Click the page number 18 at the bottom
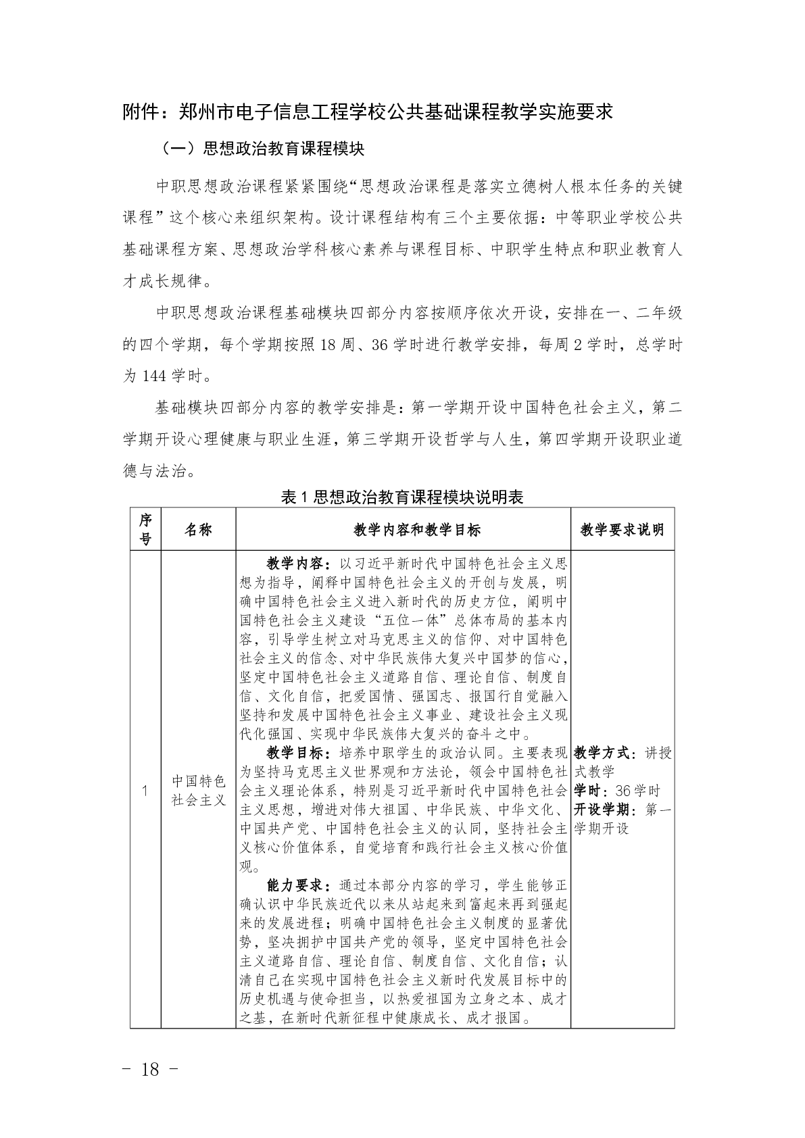pyautogui.click(x=150, y=1069)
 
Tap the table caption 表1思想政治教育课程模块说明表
pyautogui.click(x=402, y=497)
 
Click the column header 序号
pyautogui.click(x=145, y=529)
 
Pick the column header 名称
pyautogui.click(x=198, y=529)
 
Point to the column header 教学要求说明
pyautogui.click(x=622, y=530)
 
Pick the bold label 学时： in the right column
pyautogui.click(x=589, y=791)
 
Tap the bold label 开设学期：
pyautogui.click(x=606, y=810)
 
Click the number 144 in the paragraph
pyautogui.click(x=156, y=376)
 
